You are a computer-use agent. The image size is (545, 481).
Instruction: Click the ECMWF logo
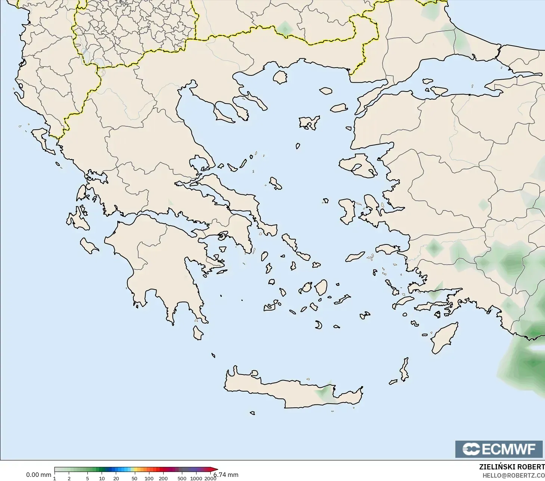click(x=499, y=449)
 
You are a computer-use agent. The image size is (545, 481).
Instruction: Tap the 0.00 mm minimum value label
click(x=38, y=475)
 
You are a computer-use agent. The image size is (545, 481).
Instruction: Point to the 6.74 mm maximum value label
click(x=226, y=475)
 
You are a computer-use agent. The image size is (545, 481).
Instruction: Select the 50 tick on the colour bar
click(x=134, y=478)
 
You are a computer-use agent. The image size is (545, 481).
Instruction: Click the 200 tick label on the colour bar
click(x=163, y=478)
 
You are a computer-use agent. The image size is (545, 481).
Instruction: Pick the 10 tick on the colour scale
click(x=102, y=478)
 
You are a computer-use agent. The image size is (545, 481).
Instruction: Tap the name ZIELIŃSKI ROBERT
click(x=512, y=467)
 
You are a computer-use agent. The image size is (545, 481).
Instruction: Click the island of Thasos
click(x=280, y=77)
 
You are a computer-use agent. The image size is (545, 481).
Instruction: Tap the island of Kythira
click(x=198, y=333)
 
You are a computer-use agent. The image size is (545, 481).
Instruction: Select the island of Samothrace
click(x=326, y=90)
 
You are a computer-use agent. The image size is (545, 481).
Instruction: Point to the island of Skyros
click(x=276, y=183)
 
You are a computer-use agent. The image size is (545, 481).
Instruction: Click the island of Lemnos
click(x=309, y=122)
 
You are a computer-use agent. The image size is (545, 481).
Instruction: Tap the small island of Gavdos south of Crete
click(x=252, y=413)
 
